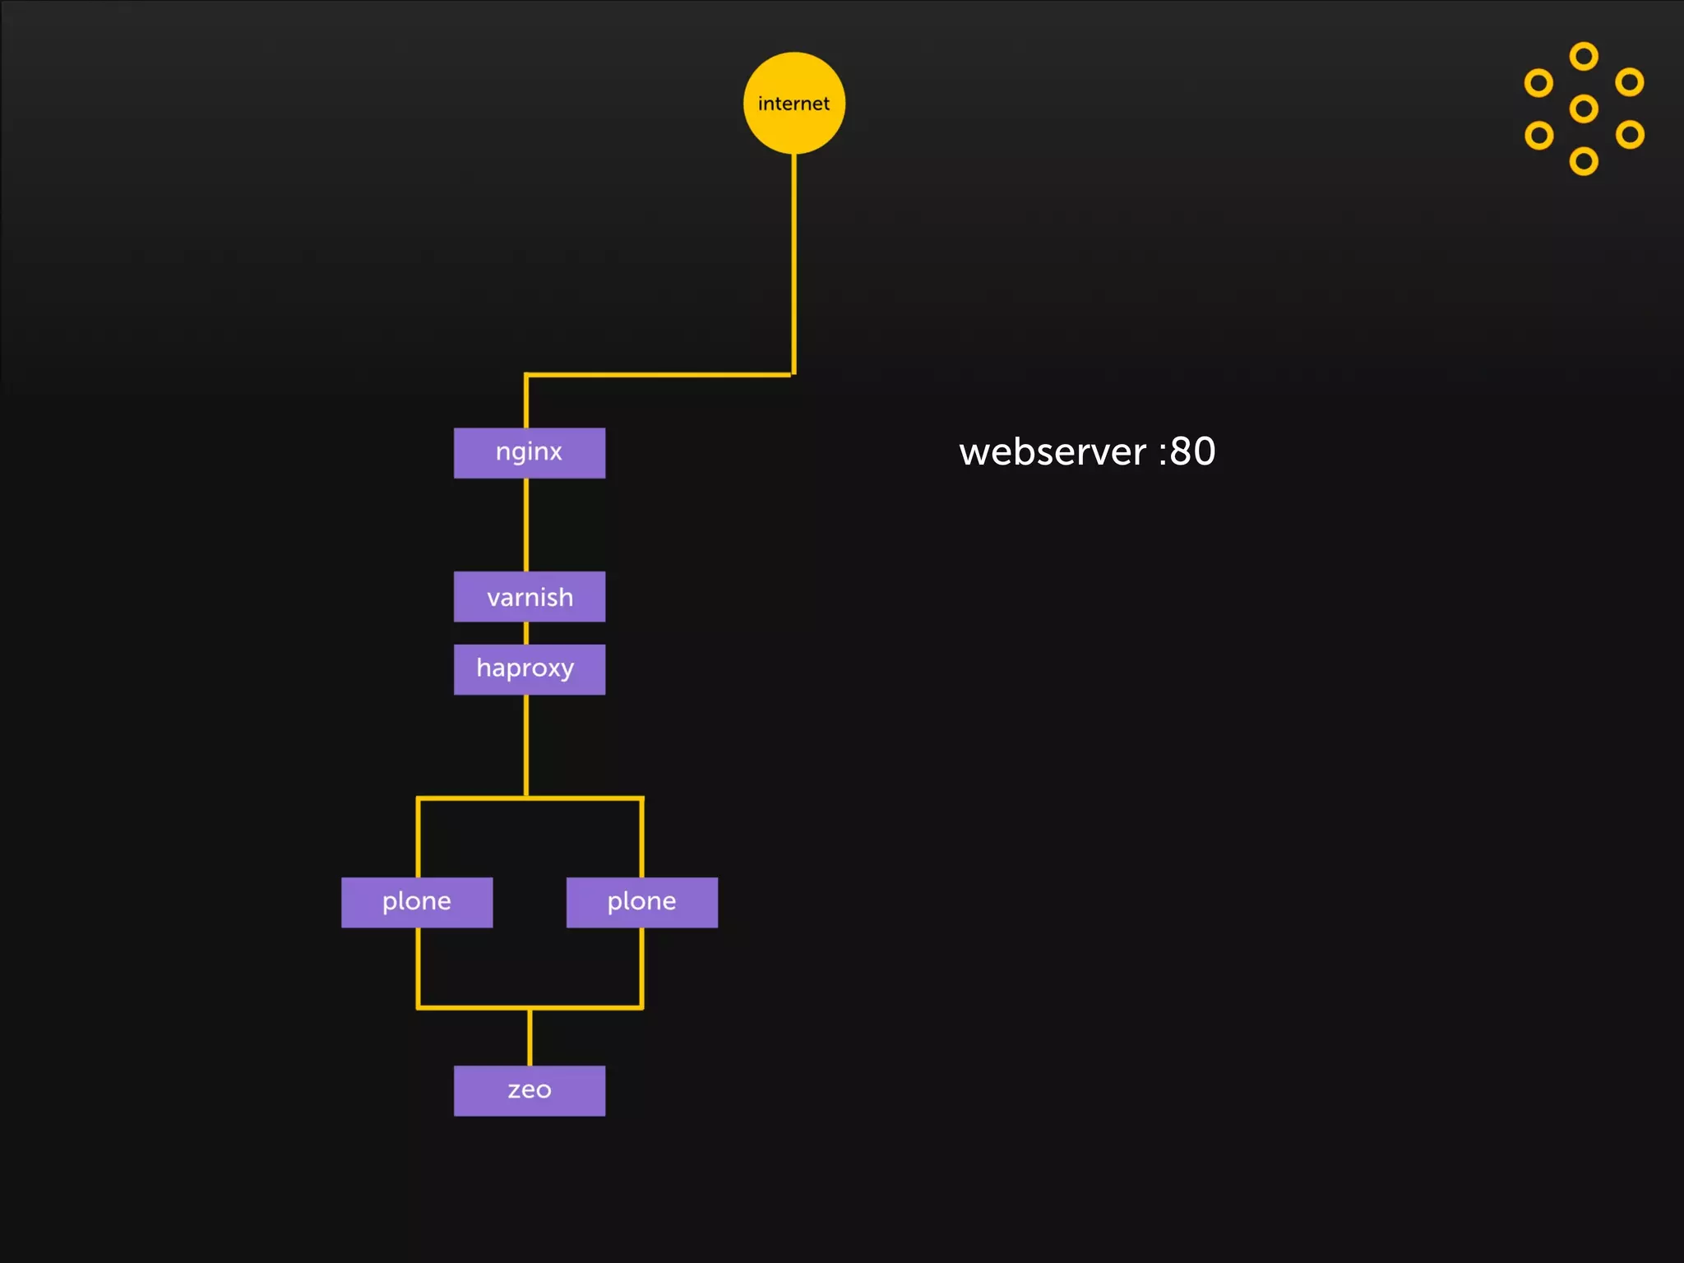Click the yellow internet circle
[793, 103]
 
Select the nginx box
[530, 452]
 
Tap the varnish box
[530, 596]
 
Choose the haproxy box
[530, 669]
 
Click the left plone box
[417, 902]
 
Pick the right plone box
[641, 902]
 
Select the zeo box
[530, 1090]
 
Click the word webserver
[1052, 451]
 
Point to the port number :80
[1187, 451]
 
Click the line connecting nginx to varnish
[526, 525]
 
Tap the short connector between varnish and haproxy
[526, 633]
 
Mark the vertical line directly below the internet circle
[793, 263]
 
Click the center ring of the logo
[1584, 109]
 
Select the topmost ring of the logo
[1584, 57]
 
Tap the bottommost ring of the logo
[1584, 161]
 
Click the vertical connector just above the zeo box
[530, 1037]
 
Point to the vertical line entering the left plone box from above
[419, 839]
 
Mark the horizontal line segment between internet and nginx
[658, 375]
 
